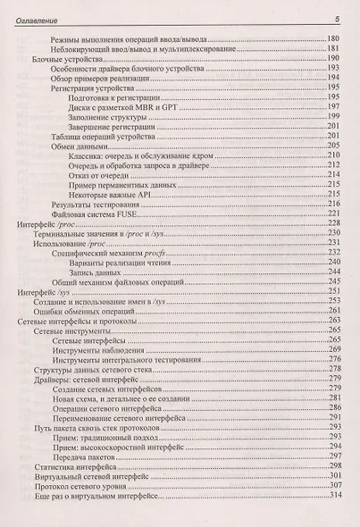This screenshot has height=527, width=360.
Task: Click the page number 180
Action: tap(336, 39)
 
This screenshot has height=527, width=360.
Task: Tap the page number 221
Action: tap(336, 213)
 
